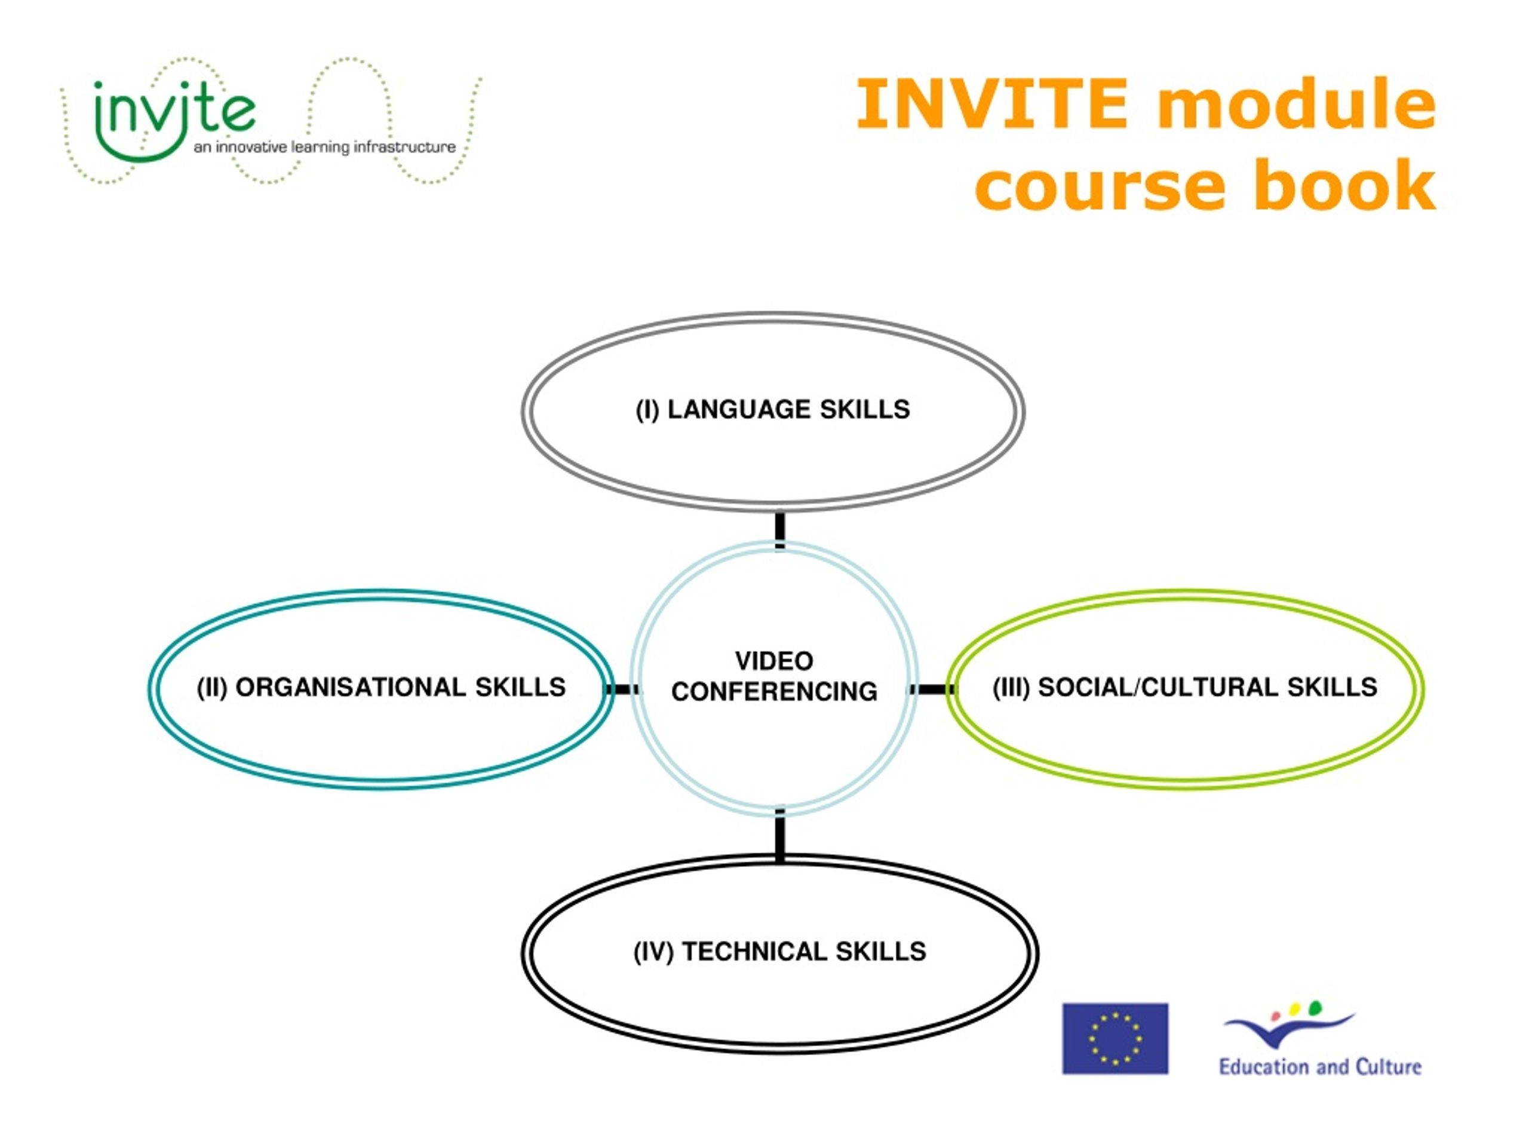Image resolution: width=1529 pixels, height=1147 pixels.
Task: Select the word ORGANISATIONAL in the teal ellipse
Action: [x=351, y=687]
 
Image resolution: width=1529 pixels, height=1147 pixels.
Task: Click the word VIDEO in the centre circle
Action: [x=774, y=661]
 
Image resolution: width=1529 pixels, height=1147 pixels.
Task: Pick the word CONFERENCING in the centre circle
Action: [x=774, y=691]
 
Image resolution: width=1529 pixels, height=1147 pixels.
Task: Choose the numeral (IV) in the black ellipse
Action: [x=653, y=952]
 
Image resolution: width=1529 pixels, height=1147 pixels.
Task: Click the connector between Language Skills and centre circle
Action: [x=779, y=530]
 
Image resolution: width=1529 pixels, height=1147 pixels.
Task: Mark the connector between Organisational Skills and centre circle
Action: [x=623, y=689]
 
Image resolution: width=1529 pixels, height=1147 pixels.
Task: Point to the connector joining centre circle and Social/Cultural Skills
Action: [x=932, y=689]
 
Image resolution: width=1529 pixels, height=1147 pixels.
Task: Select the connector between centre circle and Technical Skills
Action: [x=779, y=836]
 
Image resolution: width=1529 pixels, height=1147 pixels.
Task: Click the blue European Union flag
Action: [x=1115, y=1038]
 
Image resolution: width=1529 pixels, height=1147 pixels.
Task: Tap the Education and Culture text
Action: [x=1319, y=1067]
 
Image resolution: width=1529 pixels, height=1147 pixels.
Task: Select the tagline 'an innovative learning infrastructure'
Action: [x=324, y=146]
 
